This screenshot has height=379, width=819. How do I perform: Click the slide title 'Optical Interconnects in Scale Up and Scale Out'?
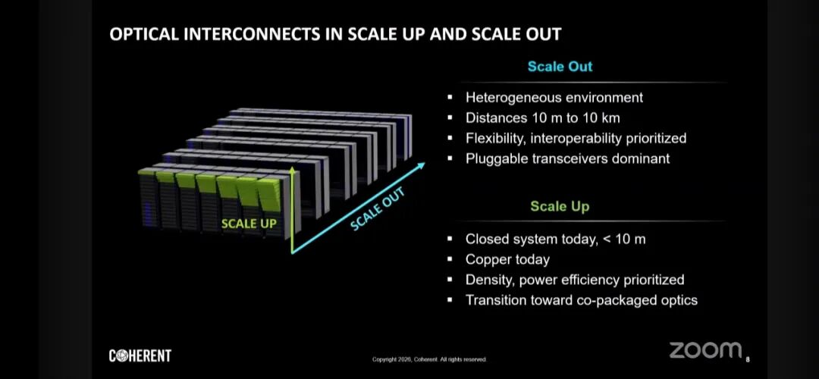click(x=335, y=34)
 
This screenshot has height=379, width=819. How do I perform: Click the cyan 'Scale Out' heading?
click(x=560, y=67)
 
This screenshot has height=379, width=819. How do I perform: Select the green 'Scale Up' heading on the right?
click(x=560, y=207)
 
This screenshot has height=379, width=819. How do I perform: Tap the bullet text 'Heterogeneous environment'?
click(x=554, y=98)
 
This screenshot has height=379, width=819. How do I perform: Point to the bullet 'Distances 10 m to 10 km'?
click(x=543, y=118)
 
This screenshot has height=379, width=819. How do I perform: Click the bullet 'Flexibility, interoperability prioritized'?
click(x=576, y=139)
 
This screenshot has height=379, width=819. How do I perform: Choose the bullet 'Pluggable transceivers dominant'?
click(x=567, y=158)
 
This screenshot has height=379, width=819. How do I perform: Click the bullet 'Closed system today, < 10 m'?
click(x=555, y=240)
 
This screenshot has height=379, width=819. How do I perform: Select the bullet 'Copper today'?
click(x=507, y=259)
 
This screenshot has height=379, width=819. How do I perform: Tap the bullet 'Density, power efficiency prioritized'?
click(x=575, y=280)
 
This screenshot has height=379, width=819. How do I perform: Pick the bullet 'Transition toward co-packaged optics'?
click(x=582, y=300)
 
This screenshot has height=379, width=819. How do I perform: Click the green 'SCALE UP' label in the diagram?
click(x=249, y=224)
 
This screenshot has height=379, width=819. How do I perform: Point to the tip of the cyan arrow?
click(x=425, y=163)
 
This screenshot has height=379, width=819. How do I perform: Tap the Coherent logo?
click(x=140, y=356)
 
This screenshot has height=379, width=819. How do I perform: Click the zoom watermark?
click(x=705, y=350)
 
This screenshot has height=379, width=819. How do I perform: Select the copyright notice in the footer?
click(x=429, y=359)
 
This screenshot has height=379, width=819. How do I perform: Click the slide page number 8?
click(x=748, y=359)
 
